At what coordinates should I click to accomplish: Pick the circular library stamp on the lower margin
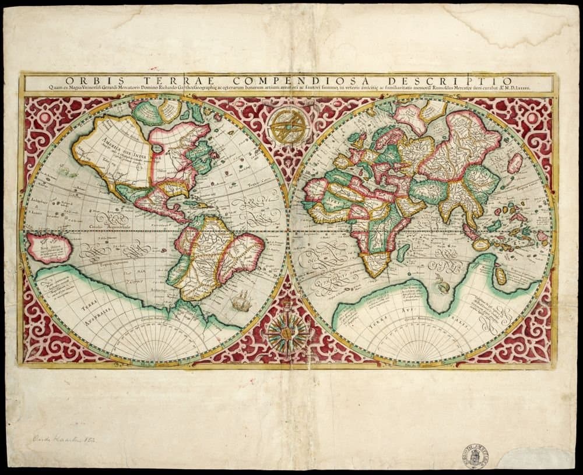(475, 456)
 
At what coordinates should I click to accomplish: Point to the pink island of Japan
(515, 163)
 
